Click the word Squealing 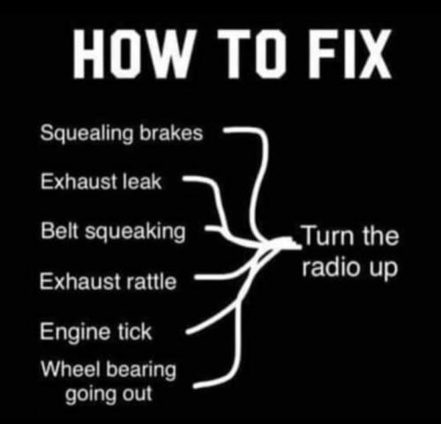click(x=86, y=134)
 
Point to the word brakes click(x=171, y=133)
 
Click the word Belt click(x=60, y=230)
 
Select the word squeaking click(x=136, y=232)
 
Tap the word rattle click(x=151, y=281)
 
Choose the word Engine click(x=76, y=332)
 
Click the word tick click(x=135, y=331)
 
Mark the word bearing click(x=141, y=370)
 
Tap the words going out click(x=108, y=395)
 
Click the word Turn click(x=327, y=235)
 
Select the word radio click(x=332, y=267)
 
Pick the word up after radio click(x=382, y=269)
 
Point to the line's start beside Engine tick click(x=187, y=332)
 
